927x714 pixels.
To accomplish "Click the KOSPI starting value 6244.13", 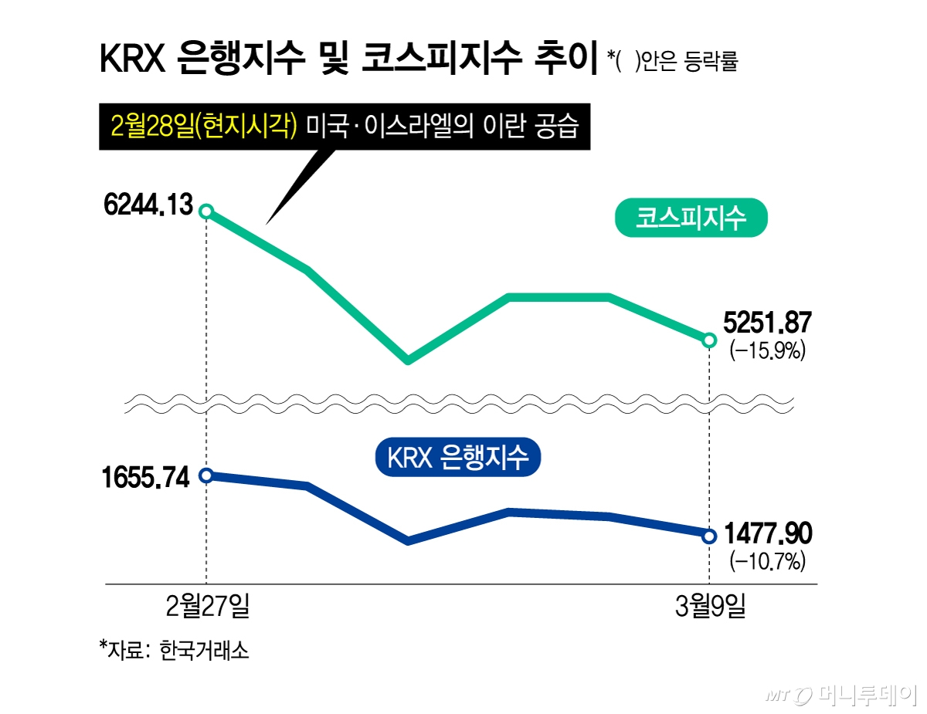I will point(146,206).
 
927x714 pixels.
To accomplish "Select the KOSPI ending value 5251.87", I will point(768,324).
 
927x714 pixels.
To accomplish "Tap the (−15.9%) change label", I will point(768,351).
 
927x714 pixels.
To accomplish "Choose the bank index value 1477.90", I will point(768,533).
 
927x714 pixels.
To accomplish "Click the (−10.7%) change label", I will point(768,560).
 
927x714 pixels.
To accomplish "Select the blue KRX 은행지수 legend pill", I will point(457,458).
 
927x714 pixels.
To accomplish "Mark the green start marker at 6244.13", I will point(206,211).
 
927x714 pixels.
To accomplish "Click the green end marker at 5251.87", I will point(709,340).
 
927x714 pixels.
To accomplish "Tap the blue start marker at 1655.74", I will point(206,475).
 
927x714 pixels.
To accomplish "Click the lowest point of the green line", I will point(408,360).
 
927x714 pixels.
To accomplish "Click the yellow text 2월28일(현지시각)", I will point(204,126).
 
